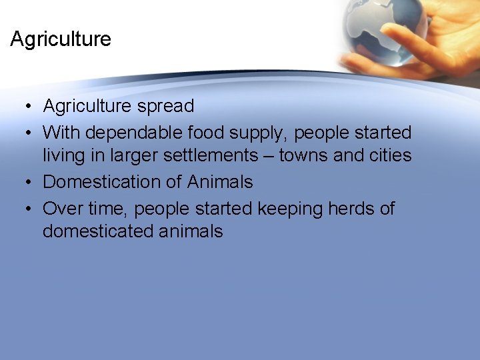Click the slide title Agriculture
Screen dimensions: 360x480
tap(61, 39)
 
